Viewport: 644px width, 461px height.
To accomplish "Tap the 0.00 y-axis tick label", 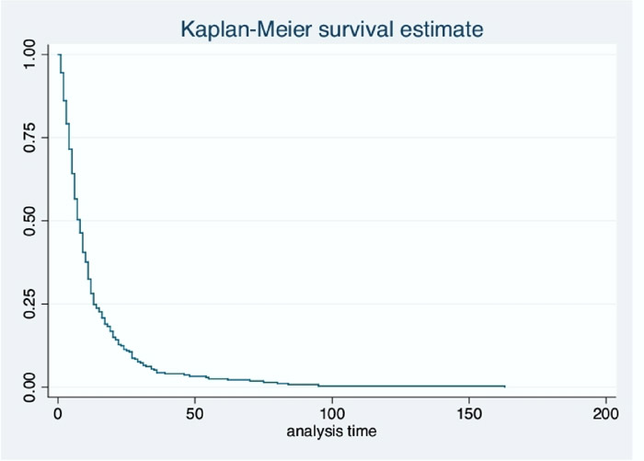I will coord(31,386).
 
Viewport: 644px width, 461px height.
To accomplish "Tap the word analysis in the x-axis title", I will coord(311,429).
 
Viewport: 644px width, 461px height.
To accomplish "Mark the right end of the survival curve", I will coord(504,386).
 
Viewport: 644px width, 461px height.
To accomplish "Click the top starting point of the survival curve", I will coord(59,54).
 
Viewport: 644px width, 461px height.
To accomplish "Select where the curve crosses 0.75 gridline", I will coord(67,137).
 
